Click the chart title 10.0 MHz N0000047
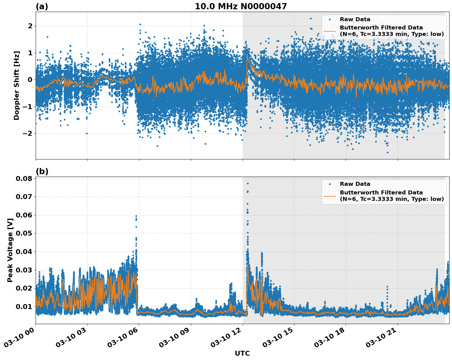(241, 6)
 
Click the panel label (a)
(42, 6)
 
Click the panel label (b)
(42, 171)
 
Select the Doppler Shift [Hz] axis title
(17, 85)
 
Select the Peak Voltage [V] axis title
(10, 250)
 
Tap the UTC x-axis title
(242, 353)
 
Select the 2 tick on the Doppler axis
(30, 26)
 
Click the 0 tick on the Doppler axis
(30, 80)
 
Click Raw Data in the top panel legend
(355, 19)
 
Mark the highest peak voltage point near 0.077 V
(248, 184)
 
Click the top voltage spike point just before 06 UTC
(136, 216)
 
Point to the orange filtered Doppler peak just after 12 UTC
(247, 55)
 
